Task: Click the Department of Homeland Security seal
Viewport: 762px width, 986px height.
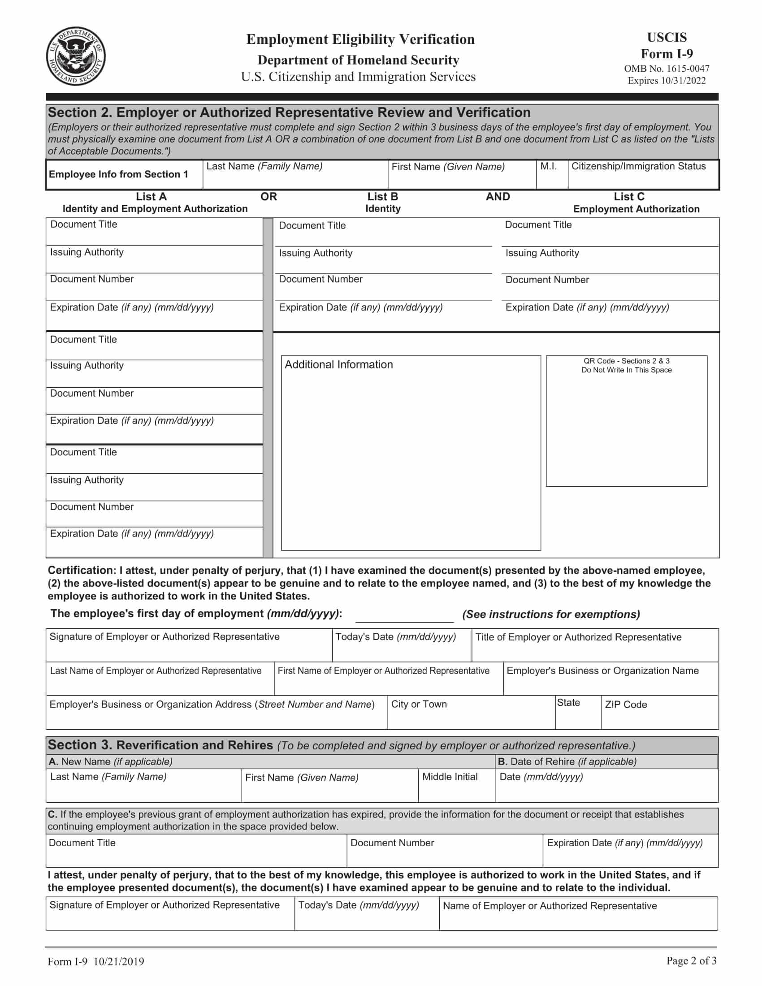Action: pyautogui.click(x=76, y=56)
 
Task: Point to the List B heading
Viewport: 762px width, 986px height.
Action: pyautogui.click(x=382, y=197)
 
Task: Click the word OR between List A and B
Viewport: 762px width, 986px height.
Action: pyautogui.click(x=268, y=197)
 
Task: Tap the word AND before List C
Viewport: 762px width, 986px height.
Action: pyautogui.click(x=498, y=197)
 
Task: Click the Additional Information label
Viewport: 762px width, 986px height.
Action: pyautogui.click(x=338, y=364)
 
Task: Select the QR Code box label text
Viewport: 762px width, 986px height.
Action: pyautogui.click(x=626, y=365)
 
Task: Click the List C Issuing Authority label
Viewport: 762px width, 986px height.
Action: pyautogui.click(x=542, y=253)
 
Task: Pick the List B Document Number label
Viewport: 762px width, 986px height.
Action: pyautogui.click(x=320, y=279)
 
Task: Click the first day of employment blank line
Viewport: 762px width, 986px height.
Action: pyautogui.click(x=404, y=617)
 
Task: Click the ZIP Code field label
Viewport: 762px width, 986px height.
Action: pyautogui.click(x=626, y=705)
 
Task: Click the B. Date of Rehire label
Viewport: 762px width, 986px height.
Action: pyautogui.click(x=567, y=761)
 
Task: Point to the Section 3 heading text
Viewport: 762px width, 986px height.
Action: pyautogui.click(x=160, y=745)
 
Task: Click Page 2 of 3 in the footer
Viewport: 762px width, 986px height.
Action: pyautogui.click(x=691, y=960)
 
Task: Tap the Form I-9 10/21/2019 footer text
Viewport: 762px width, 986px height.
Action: pyautogui.click(x=96, y=962)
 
